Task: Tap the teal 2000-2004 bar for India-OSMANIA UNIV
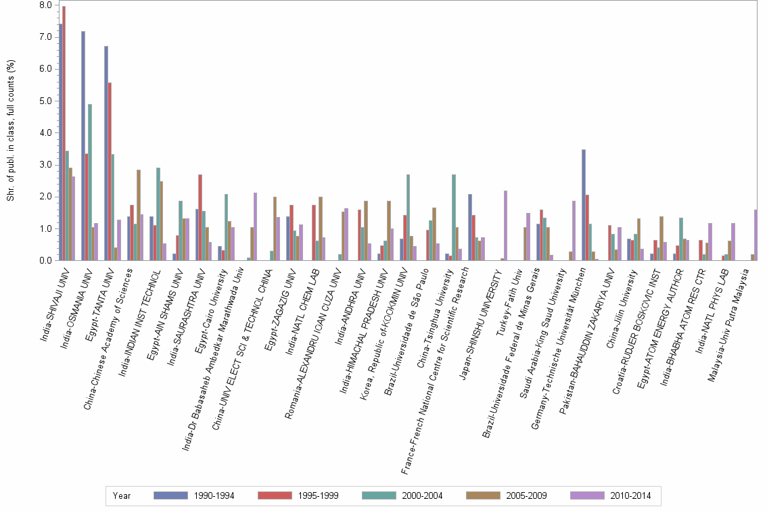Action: click(x=90, y=182)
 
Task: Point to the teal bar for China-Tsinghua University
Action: click(x=454, y=217)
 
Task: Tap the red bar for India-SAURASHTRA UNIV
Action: click(x=200, y=217)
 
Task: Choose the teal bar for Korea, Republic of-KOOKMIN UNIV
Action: click(x=408, y=217)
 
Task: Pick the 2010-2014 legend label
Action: click(x=630, y=495)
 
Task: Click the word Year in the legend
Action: click(x=122, y=495)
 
